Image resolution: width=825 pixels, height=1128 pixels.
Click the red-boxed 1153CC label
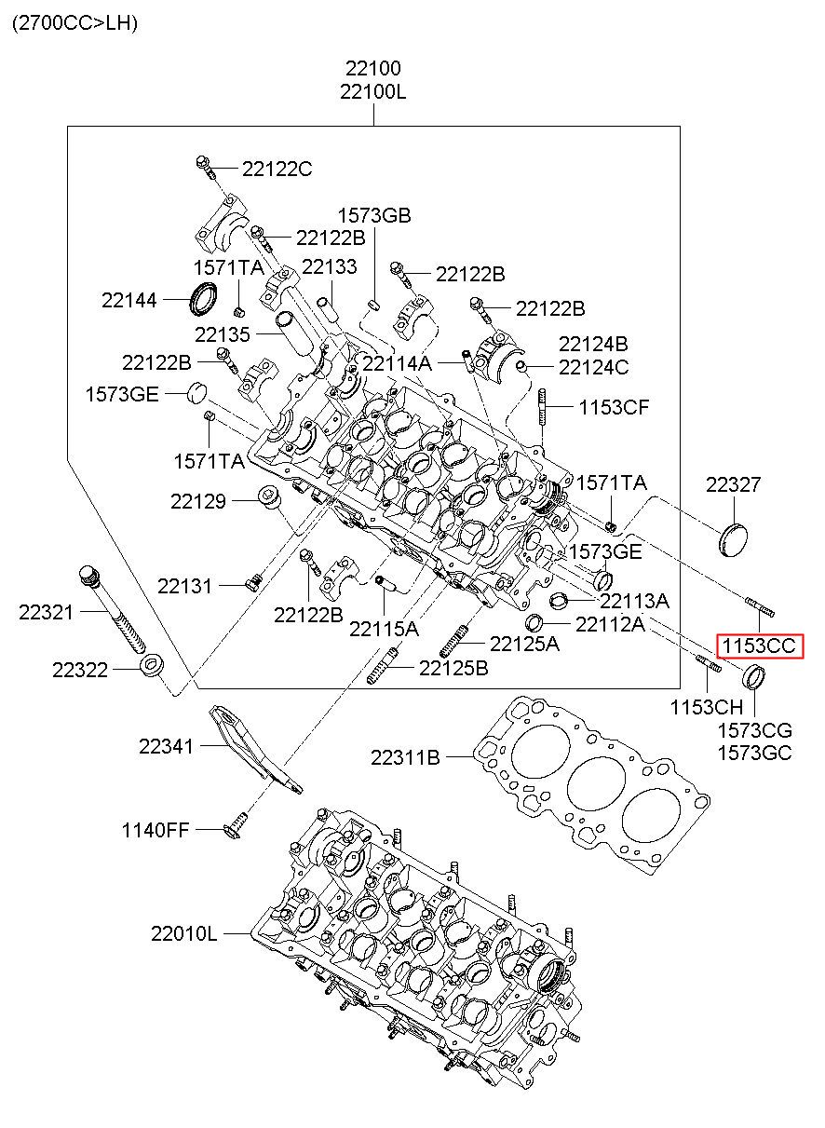coord(758,646)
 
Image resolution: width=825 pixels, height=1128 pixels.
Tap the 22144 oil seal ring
coord(205,298)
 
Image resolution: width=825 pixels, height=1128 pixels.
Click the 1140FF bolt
coord(237,825)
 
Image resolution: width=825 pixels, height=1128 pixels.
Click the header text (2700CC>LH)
coord(74,23)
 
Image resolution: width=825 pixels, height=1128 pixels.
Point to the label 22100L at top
coord(372,91)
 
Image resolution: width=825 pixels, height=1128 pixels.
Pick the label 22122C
coord(277,169)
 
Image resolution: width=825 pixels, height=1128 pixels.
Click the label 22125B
coord(453,667)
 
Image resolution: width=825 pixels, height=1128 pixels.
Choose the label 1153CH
coord(705,707)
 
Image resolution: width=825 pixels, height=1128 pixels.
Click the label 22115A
coord(384,630)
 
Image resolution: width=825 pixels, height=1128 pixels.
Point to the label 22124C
coord(593,367)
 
